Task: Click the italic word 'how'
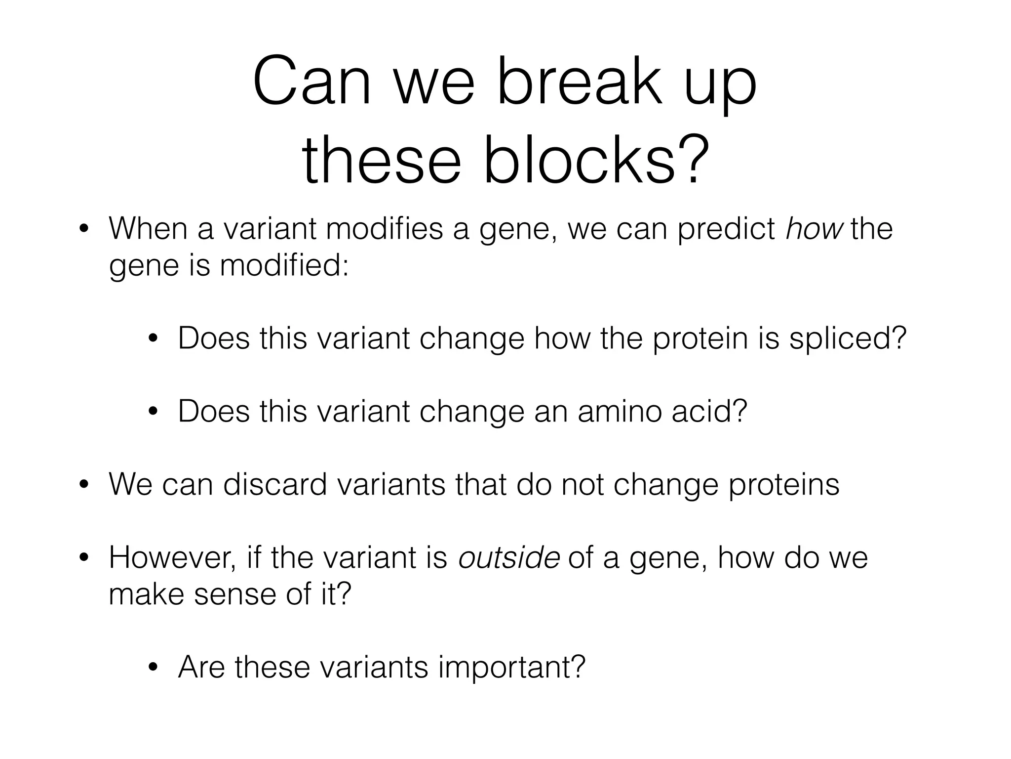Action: tap(814, 229)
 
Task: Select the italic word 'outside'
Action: tap(509, 558)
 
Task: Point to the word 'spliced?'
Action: tap(848, 339)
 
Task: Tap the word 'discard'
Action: tap(275, 484)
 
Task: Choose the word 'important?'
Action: tap(511, 667)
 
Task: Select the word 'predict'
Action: tap(726, 229)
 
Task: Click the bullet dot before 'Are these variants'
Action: tap(153, 668)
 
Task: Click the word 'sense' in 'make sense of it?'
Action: tap(235, 594)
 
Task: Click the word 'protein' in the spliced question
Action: tap(700, 339)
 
